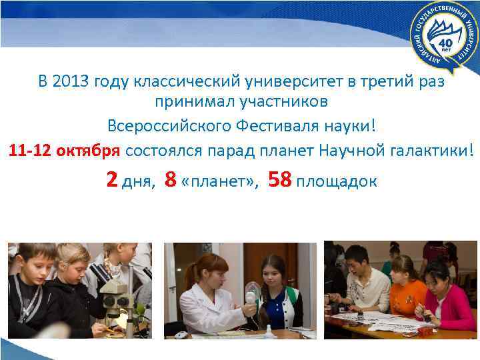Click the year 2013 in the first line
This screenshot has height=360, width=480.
[x=70, y=83]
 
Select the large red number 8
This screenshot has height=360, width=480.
[x=171, y=179]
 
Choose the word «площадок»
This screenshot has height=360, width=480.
[x=337, y=181]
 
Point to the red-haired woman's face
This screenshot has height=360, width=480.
[x=205, y=271]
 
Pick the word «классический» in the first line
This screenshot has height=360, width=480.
[x=173, y=83]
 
